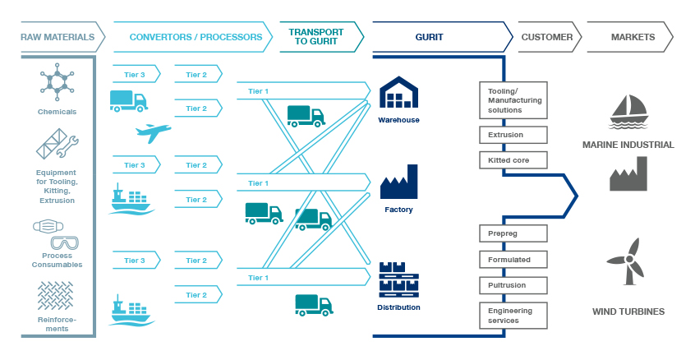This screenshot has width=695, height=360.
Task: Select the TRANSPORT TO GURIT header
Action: click(x=317, y=37)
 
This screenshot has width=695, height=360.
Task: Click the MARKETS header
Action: click(x=633, y=37)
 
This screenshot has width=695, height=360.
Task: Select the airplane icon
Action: click(x=153, y=132)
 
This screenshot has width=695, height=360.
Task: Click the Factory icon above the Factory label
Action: click(x=399, y=182)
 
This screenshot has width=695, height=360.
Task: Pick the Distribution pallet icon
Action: click(x=399, y=279)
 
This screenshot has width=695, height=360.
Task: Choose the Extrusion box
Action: click(x=513, y=135)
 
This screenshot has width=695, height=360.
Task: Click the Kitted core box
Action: click(x=513, y=159)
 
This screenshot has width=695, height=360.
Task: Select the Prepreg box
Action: click(x=513, y=234)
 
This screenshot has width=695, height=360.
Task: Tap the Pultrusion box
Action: click(x=513, y=284)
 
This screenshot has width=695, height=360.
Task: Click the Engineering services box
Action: click(x=513, y=316)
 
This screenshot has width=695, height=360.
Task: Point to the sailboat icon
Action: click(x=628, y=110)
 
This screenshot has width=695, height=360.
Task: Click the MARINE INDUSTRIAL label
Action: click(x=628, y=145)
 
